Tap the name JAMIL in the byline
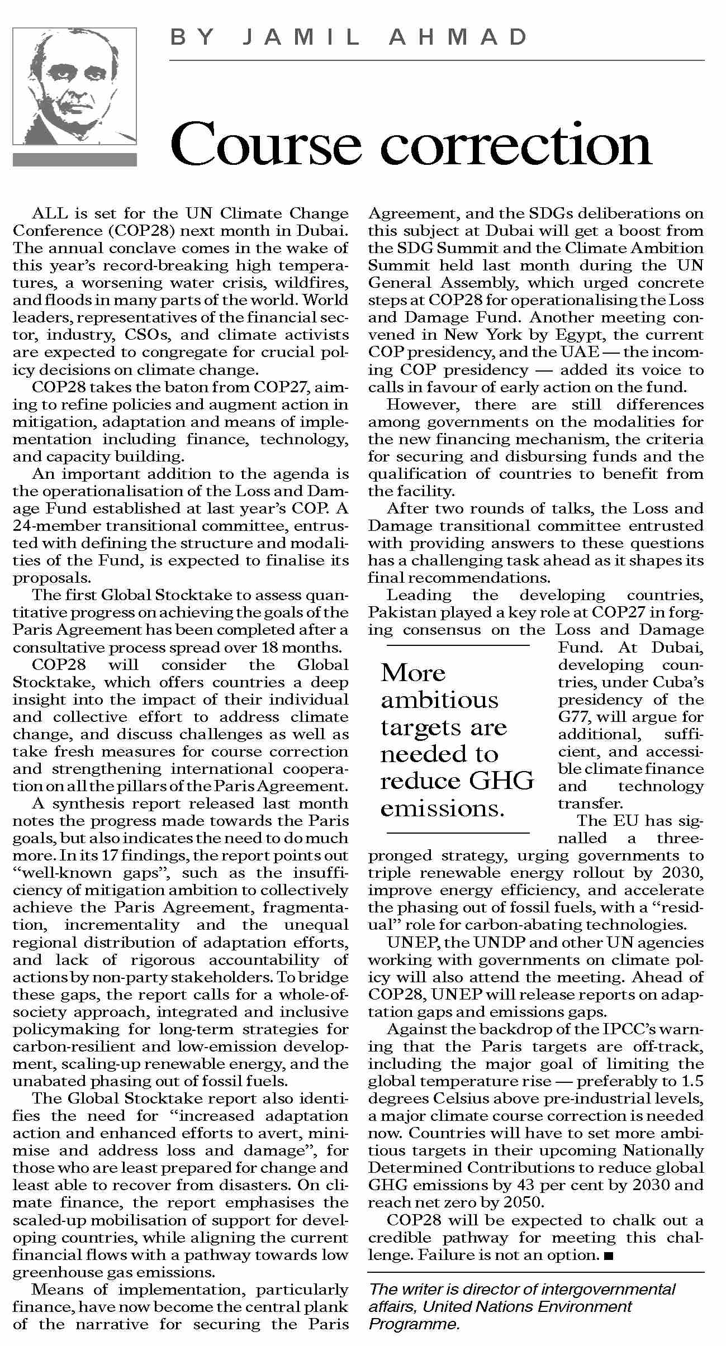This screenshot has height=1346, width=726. click(x=302, y=37)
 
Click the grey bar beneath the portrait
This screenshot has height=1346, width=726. click(x=74, y=160)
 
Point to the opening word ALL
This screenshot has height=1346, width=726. click(x=49, y=213)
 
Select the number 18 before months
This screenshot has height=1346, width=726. click(x=274, y=648)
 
